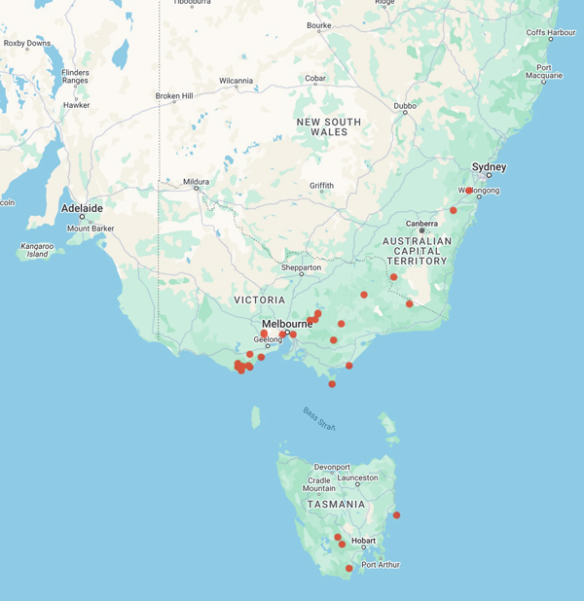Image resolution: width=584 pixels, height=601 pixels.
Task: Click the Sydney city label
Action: click(x=490, y=167)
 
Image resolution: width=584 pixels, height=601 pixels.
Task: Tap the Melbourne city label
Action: click(x=286, y=324)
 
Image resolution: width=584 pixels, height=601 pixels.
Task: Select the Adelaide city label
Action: click(x=82, y=208)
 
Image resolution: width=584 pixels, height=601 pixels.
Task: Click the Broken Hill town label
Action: click(x=175, y=95)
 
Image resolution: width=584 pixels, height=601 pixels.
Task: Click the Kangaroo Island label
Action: click(x=35, y=250)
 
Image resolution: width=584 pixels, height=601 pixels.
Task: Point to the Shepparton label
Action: click(x=301, y=266)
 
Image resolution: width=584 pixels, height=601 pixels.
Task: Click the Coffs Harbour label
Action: click(x=551, y=32)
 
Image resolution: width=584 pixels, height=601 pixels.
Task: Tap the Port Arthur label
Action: click(x=380, y=565)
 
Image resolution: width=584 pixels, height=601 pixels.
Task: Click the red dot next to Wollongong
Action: click(x=469, y=191)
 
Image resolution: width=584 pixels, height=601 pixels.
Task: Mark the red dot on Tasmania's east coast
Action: click(x=396, y=515)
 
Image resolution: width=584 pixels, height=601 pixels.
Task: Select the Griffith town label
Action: click(x=321, y=186)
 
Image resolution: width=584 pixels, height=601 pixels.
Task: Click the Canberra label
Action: click(x=421, y=223)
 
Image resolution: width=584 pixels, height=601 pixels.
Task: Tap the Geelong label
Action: click(x=268, y=339)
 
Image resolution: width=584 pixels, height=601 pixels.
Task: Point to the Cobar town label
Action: click(x=314, y=79)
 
